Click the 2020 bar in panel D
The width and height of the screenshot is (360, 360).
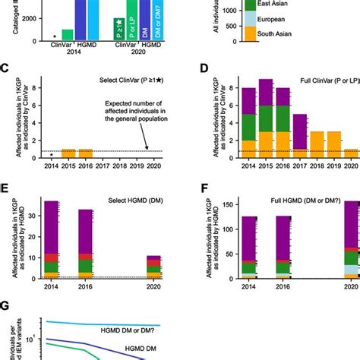[351, 153]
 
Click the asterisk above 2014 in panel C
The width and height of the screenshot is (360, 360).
[30, 155]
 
